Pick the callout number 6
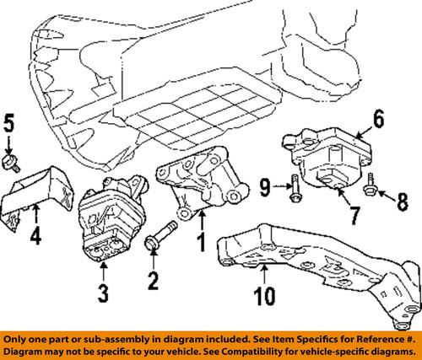377,121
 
